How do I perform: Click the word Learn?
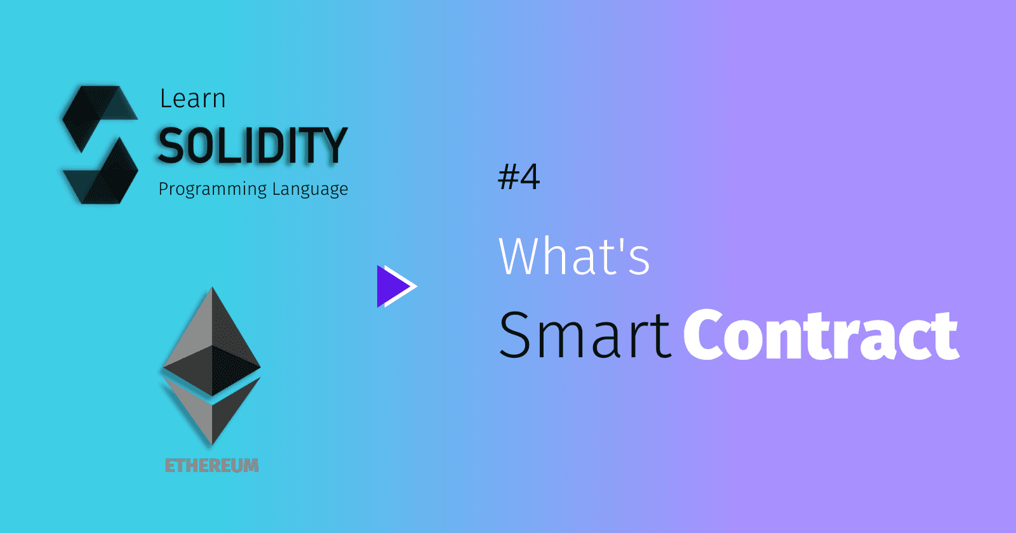(193, 98)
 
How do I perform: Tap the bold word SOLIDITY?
(253, 145)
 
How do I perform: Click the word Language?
(311, 189)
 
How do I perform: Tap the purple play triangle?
(394, 286)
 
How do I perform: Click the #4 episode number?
(519, 177)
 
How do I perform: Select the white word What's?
(574, 256)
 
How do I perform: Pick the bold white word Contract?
(822, 334)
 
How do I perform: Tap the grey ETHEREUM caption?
(212, 466)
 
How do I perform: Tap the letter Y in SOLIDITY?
(333, 145)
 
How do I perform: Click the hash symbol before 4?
(508, 177)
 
